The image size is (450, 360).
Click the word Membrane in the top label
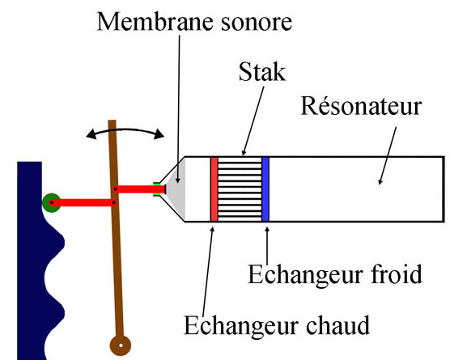tap(155, 22)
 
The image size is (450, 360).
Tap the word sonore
tap(256, 23)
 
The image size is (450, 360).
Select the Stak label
tap(262, 72)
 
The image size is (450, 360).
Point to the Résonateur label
tap(361, 105)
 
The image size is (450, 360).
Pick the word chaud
tap(337, 325)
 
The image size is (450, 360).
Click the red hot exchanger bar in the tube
tap(214, 189)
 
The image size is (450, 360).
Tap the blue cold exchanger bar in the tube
tap(265, 189)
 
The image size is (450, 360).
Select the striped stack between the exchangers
tap(240, 189)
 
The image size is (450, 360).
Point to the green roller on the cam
tap(52, 202)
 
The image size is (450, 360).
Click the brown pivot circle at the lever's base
tap(121, 345)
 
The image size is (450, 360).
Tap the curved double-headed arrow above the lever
tap(125, 130)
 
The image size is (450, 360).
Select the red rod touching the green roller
tap(83, 202)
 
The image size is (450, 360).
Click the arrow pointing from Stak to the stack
tap(253, 121)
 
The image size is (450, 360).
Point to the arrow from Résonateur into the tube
tap(388, 156)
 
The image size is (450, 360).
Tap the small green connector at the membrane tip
tap(157, 189)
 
